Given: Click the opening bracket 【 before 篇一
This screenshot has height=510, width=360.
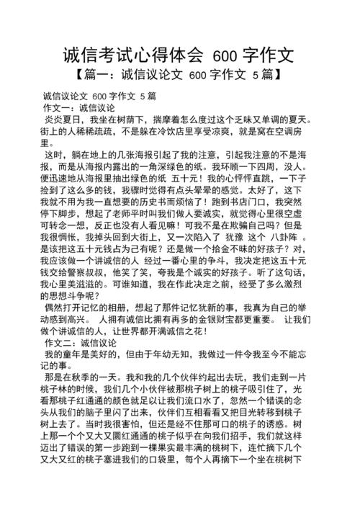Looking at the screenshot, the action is click(x=78, y=75).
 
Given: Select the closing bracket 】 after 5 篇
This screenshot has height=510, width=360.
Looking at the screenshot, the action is click(x=276, y=75).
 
